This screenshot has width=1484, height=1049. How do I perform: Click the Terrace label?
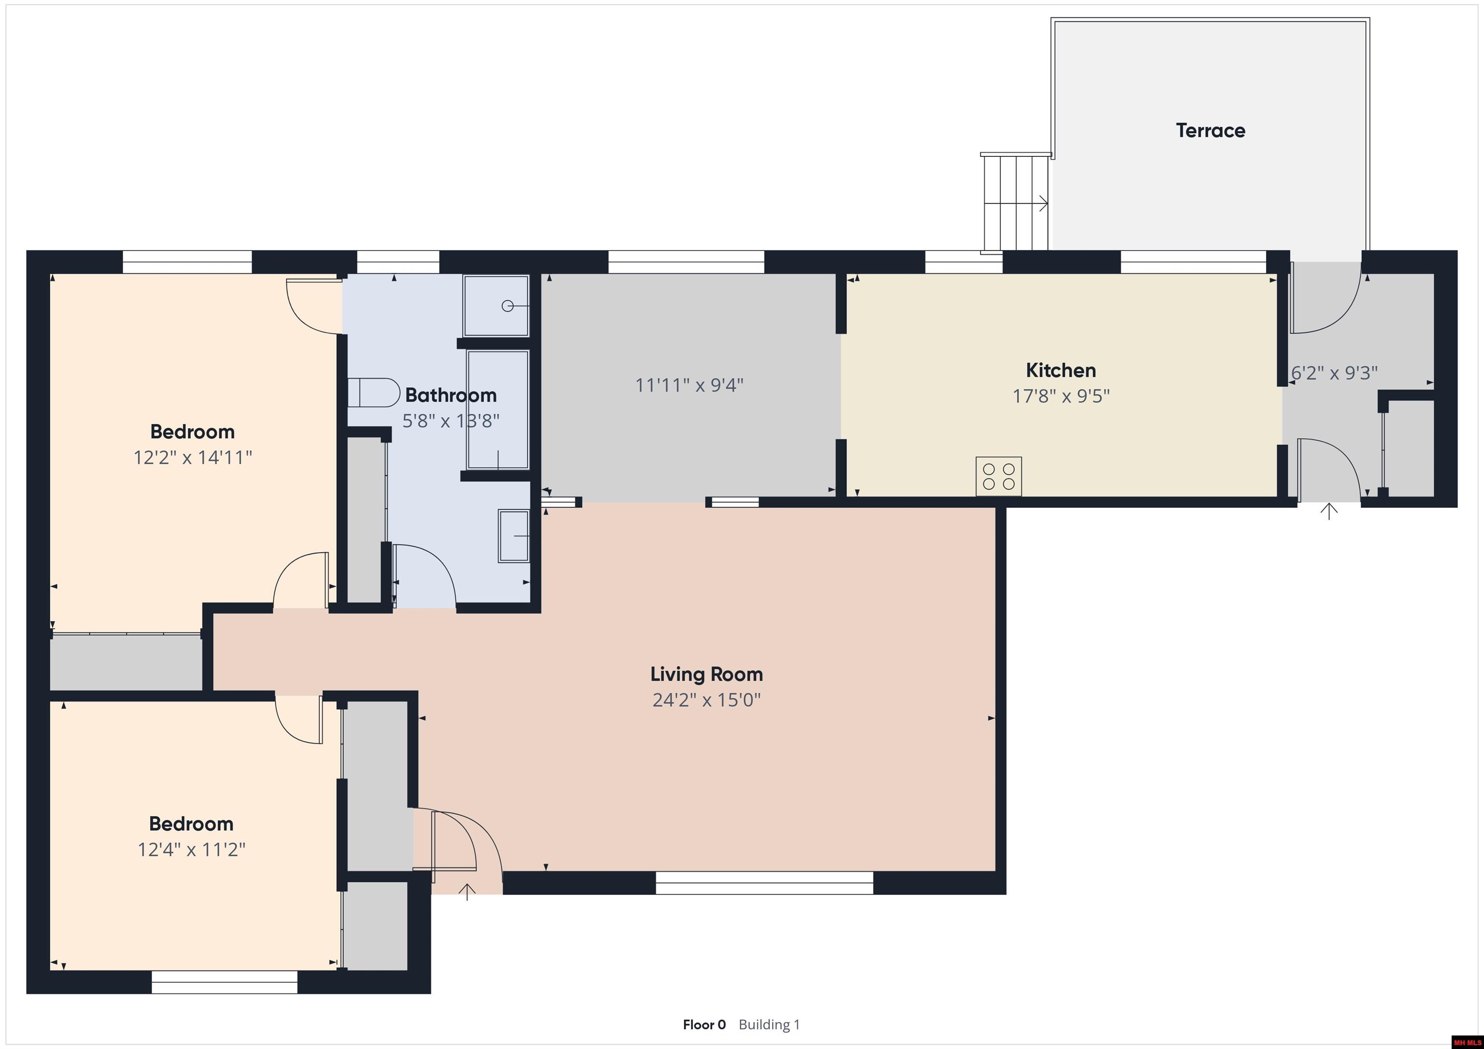[x=1210, y=130]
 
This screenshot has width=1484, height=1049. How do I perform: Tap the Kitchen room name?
[x=1061, y=370]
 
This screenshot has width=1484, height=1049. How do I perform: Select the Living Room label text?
[x=706, y=674]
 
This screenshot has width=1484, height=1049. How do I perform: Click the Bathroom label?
[x=451, y=395]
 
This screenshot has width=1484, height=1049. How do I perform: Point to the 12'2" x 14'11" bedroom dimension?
[x=193, y=457]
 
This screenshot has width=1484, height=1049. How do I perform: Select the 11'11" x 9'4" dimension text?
[x=689, y=385]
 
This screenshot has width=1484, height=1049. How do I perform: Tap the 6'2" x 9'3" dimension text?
[x=1334, y=373]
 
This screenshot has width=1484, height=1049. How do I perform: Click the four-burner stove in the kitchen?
[x=999, y=476]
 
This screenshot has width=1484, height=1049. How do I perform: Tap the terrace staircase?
[x=1015, y=202]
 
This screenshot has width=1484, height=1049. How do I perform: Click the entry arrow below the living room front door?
[x=467, y=892]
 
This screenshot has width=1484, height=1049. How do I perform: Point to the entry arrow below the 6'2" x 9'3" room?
[x=1329, y=512]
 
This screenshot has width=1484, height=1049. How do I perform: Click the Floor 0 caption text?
[x=704, y=1024]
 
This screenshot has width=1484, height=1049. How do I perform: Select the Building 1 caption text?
[x=769, y=1024]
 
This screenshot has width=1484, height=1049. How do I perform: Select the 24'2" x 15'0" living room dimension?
[x=706, y=700]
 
